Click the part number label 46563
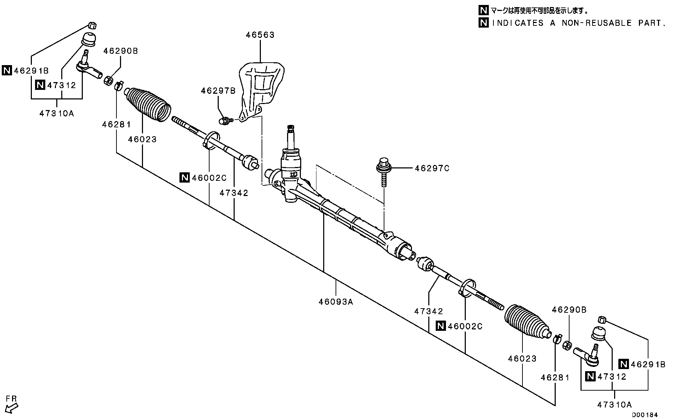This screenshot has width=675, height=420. point(260,35)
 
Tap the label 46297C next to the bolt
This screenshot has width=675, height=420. point(432,168)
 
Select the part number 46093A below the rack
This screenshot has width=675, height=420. point(336,302)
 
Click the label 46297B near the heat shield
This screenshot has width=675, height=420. point(218,91)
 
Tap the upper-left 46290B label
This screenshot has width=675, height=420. point(120,51)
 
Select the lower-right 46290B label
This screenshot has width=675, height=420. point(569,310)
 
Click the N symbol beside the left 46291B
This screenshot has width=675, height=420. point(6,70)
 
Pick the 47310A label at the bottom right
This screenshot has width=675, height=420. point(614,404)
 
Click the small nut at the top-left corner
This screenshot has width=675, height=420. point(92,25)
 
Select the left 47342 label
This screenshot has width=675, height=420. point(234,193)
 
